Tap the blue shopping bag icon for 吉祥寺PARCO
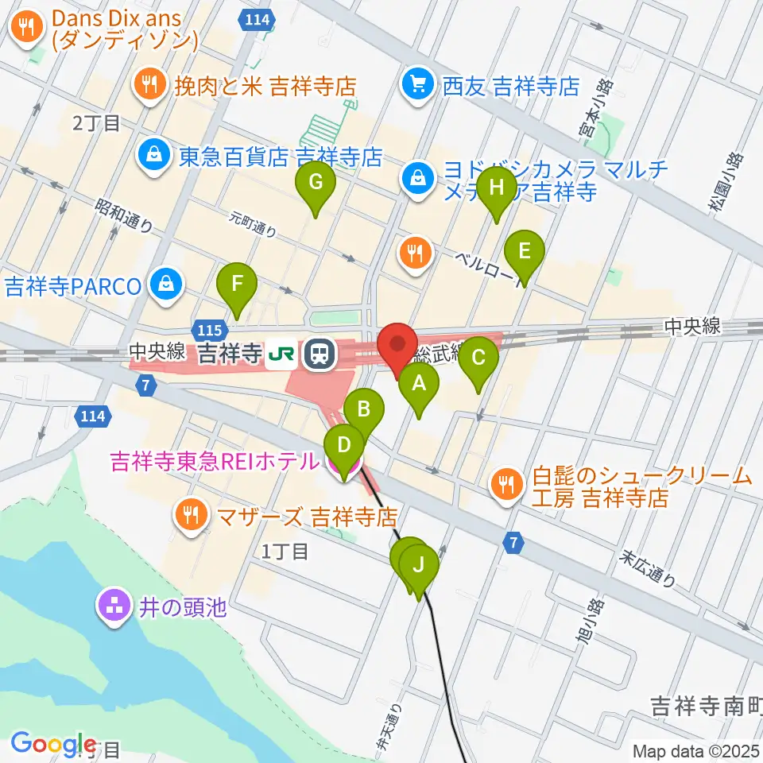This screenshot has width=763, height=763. [167, 285]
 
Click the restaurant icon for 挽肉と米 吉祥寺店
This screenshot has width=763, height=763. [147, 85]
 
